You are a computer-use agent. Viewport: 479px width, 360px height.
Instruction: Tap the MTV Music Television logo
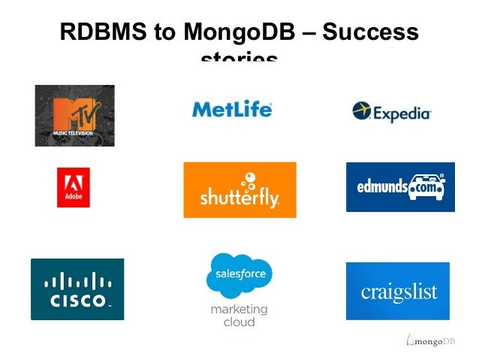[74, 115]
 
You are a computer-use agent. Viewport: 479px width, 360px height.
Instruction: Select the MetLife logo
[232, 109]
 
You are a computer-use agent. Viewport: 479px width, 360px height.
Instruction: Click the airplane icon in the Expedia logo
[362, 111]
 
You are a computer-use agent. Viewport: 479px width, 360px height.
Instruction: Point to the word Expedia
[402, 114]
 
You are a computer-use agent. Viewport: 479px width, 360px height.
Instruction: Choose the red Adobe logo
[74, 187]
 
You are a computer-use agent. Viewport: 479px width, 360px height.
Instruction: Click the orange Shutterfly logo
[239, 189]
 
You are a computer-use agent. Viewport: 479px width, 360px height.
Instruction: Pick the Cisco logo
[77, 289]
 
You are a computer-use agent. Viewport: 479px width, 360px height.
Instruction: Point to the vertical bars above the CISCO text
[78, 282]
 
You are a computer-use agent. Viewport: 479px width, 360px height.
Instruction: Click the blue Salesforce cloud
[239, 276]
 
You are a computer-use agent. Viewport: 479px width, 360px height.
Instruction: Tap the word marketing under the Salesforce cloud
[239, 309]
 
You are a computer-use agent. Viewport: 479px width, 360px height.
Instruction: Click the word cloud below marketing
[239, 322]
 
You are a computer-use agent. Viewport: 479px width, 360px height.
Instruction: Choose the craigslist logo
[398, 291]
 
